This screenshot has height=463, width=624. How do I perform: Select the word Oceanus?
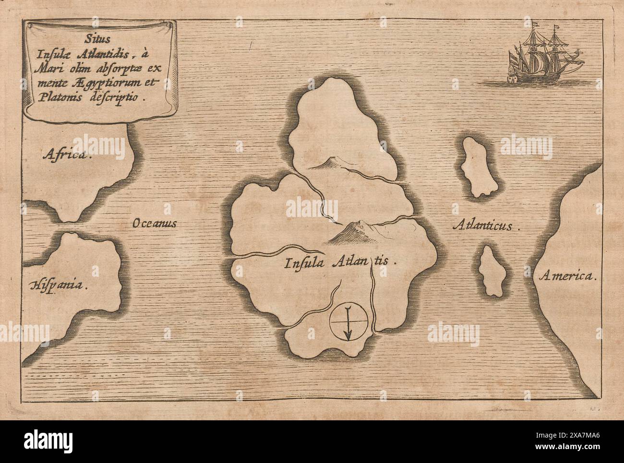pyautogui.click(x=155, y=224)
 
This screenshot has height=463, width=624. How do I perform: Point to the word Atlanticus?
pyautogui.click(x=486, y=226)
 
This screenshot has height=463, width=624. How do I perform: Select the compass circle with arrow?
pyautogui.click(x=349, y=321)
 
